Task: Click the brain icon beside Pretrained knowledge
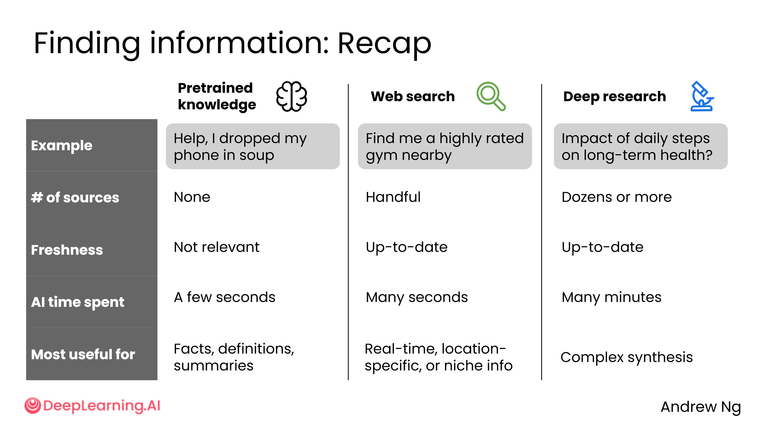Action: point(291,96)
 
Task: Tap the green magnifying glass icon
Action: point(491,96)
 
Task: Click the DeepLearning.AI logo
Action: point(92,406)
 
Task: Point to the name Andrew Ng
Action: point(701,407)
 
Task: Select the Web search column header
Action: point(413,96)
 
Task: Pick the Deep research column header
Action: point(615,96)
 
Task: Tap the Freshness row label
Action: point(67,250)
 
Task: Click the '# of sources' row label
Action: point(75,197)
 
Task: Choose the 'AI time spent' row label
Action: point(77,302)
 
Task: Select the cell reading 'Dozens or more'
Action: point(616,197)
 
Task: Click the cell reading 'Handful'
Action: point(393,197)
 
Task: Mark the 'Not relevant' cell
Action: point(217,247)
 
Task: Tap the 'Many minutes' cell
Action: point(611,297)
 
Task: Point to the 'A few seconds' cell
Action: point(224,297)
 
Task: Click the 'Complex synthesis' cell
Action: point(627,357)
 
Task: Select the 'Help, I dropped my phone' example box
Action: point(253,146)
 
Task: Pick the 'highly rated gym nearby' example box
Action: point(445,146)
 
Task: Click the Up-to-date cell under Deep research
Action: point(602,247)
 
